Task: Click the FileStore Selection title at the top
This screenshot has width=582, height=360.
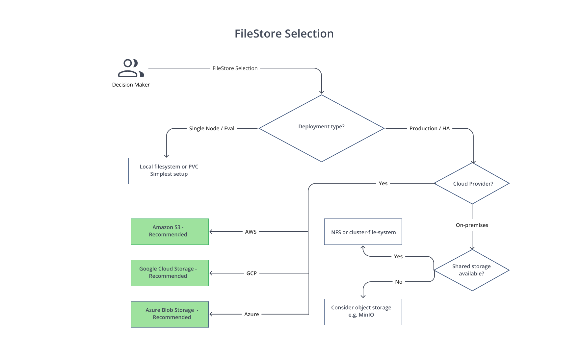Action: [284, 34]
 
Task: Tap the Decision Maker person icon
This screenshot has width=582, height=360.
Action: [131, 68]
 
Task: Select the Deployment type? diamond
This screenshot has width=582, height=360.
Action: [321, 128]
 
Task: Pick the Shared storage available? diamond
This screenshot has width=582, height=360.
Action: [472, 270]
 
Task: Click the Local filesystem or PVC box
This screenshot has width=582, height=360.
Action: [167, 171]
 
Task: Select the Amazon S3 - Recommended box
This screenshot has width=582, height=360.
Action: [170, 231]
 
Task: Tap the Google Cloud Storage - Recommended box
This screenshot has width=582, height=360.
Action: [170, 273]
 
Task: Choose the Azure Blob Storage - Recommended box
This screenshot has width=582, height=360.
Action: [170, 314]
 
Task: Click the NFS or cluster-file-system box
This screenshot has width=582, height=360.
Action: [363, 232]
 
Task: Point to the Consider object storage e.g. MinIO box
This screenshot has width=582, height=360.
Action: [363, 312]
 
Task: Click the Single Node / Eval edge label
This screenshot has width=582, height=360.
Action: [212, 128]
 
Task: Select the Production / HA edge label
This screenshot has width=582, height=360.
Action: [429, 128]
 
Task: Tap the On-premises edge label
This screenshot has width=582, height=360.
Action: [472, 225]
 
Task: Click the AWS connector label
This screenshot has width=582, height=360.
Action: [251, 232]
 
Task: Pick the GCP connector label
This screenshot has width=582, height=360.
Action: [251, 273]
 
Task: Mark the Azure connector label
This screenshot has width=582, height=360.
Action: [251, 314]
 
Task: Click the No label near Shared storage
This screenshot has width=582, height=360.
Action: [398, 282]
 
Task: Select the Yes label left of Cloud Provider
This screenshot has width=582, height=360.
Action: [383, 183]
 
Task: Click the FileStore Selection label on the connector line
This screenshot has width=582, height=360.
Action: [235, 68]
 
